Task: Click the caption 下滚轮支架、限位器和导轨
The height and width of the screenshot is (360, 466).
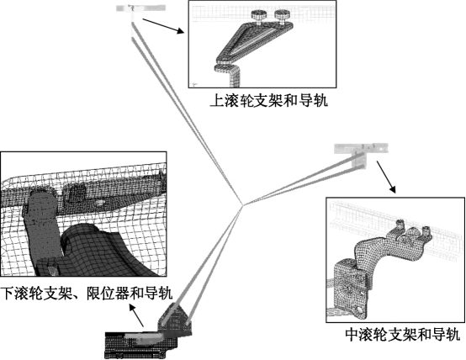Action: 87,294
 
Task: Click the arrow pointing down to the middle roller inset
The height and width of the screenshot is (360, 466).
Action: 384,179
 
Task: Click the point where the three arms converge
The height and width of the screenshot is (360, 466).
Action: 241,205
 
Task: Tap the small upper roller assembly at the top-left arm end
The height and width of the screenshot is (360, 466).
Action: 133,10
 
